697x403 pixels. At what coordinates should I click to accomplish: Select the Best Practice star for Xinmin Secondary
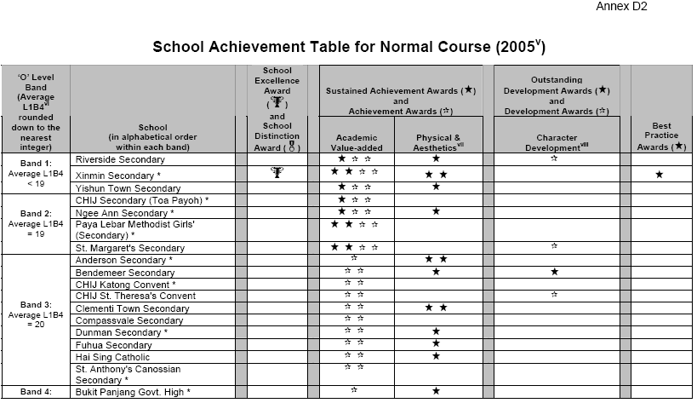(x=660, y=174)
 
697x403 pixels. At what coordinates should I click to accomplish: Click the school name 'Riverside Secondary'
(x=121, y=159)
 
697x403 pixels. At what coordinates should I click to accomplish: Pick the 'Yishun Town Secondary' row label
(x=129, y=187)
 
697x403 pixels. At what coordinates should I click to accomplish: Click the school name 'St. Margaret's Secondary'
(x=130, y=248)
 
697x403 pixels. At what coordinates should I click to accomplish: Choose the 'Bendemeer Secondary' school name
(x=125, y=272)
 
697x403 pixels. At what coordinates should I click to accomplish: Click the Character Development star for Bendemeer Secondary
(x=555, y=272)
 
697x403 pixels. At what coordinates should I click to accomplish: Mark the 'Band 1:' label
(x=35, y=160)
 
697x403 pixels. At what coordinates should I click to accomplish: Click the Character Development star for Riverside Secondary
(x=554, y=158)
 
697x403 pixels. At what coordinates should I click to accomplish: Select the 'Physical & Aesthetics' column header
(x=439, y=141)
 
